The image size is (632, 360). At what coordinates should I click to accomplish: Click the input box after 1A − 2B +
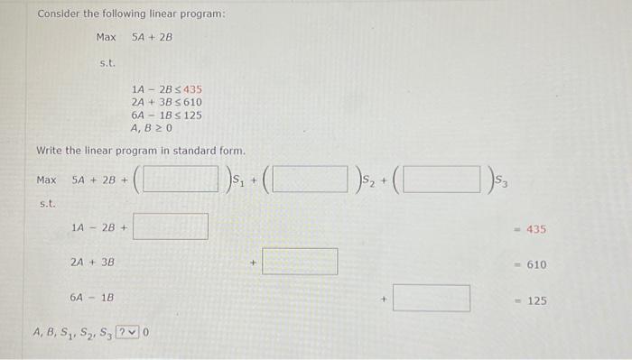click(x=171, y=226)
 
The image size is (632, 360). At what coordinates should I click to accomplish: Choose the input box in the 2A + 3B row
click(x=301, y=262)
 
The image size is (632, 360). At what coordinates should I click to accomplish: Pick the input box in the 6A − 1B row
click(x=431, y=298)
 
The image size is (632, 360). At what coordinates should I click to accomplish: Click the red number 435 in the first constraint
click(x=192, y=90)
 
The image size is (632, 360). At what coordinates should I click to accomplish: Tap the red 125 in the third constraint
click(x=190, y=115)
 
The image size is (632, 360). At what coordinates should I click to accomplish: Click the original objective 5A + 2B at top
click(x=151, y=38)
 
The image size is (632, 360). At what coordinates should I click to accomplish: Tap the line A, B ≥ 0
click(x=151, y=127)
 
